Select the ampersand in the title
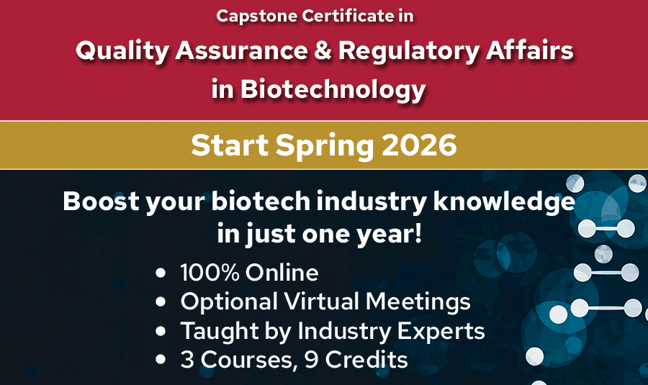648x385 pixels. pos(318,52)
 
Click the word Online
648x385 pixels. pos(282,273)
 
